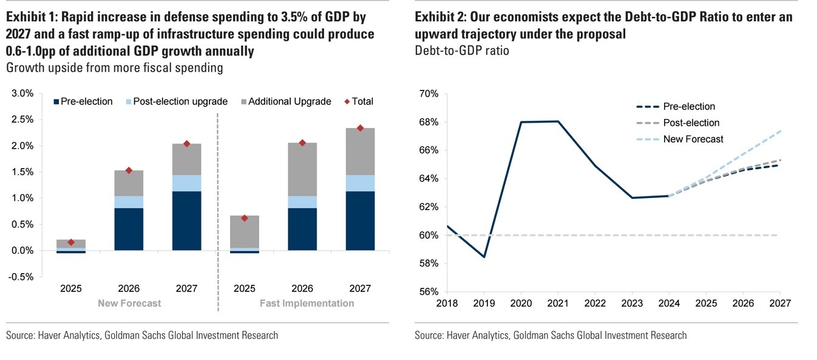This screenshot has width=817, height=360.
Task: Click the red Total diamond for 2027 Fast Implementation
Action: click(x=360, y=128)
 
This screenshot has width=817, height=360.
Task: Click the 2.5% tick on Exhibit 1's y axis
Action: click(x=22, y=120)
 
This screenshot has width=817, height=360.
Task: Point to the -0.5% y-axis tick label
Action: click(x=21, y=276)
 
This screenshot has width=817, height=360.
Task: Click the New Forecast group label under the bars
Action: click(x=129, y=303)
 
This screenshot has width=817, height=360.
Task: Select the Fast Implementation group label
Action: click(x=307, y=303)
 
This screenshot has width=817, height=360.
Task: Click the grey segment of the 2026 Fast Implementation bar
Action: click(x=302, y=169)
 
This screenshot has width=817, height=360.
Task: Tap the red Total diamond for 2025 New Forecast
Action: click(x=70, y=242)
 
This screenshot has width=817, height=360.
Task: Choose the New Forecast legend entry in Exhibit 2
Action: click(x=693, y=139)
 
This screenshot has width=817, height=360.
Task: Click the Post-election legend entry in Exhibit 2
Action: click(x=691, y=123)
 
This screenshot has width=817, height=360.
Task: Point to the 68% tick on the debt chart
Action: click(x=429, y=122)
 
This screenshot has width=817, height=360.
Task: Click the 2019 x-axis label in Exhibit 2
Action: click(x=484, y=303)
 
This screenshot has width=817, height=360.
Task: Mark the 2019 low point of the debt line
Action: click(x=484, y=257)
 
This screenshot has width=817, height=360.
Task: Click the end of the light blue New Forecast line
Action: click(x=780, y=131)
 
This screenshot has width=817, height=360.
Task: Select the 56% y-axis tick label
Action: click(x=429, y=291)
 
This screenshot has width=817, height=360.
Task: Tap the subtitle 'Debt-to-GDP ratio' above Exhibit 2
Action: click(x=462, y=50)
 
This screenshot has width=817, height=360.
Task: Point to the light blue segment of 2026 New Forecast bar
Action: click(x=129, y=202)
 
